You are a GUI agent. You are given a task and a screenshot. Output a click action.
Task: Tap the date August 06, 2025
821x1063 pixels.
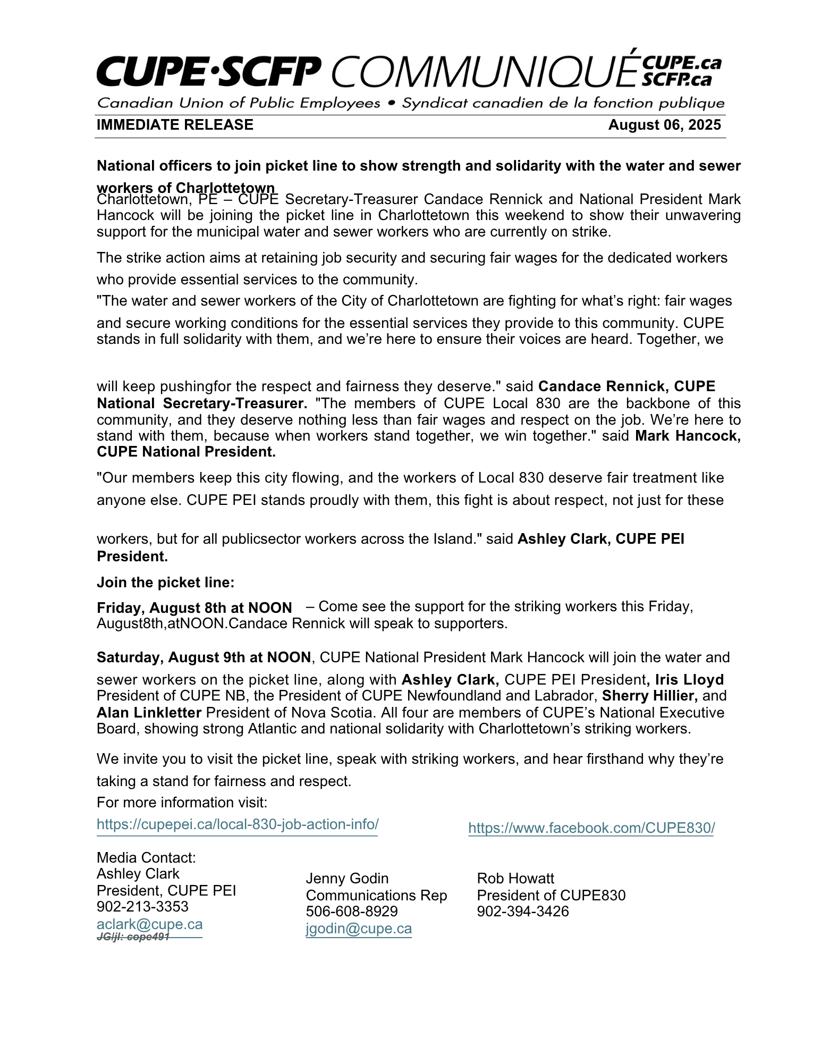pos(664,125)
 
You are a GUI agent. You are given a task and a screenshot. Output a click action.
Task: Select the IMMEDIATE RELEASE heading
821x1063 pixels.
pos(175,125)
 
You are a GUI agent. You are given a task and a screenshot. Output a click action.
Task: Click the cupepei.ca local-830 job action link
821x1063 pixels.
pos(238,824)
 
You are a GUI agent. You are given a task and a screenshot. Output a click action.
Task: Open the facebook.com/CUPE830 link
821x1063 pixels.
pos(591,828)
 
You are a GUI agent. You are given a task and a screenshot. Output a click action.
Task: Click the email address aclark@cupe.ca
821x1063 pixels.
pos(149,924)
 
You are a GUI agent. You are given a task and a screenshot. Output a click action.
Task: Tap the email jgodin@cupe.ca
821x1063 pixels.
pos(359,929)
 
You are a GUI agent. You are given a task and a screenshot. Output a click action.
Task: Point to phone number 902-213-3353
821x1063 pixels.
pos(142,906)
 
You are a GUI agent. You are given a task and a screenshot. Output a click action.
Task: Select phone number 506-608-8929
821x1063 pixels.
pos(352,911)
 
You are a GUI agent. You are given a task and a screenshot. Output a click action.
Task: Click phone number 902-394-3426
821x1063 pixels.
pos(523,911)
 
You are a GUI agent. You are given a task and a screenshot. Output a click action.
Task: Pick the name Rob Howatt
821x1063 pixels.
pos(515,878)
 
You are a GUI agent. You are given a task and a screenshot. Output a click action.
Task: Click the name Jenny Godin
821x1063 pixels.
pos(347,878)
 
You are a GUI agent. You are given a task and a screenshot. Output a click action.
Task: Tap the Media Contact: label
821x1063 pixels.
pos(146,857)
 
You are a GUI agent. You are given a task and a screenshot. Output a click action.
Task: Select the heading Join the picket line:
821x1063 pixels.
pos(165,583)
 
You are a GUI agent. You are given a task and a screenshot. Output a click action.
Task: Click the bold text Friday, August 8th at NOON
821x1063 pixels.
pos(194,608)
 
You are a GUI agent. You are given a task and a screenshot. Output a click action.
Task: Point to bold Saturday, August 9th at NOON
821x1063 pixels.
pos(204,657)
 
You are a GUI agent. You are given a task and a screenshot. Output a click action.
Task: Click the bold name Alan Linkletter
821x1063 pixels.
pos(149,712)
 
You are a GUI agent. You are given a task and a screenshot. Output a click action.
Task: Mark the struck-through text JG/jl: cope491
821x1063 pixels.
pos(133,937)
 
